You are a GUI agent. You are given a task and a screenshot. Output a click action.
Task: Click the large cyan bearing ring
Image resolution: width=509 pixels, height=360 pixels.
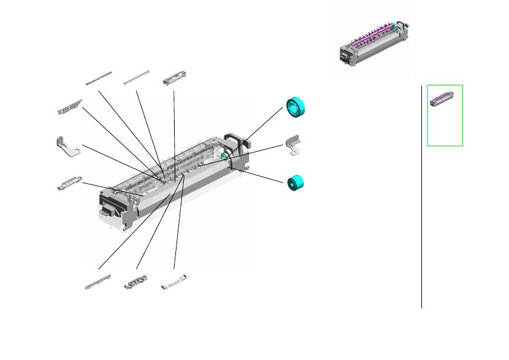[x=297, y=107]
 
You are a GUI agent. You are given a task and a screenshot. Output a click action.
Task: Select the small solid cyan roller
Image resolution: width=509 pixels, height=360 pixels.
[x=296, y=183]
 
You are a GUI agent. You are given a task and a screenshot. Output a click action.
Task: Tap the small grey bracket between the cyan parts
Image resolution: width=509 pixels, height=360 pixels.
[x=294, y=145]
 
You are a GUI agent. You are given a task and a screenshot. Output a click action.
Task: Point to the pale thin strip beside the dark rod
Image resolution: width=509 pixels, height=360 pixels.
[x=136, y=77]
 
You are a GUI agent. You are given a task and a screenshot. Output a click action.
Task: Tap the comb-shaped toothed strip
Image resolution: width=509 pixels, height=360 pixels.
[x=98, y=283]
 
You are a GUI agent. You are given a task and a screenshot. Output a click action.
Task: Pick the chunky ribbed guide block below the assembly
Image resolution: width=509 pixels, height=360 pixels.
[x=137, y=281]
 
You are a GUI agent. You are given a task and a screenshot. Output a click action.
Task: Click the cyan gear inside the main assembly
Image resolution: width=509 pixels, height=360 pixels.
[x=224, y=157]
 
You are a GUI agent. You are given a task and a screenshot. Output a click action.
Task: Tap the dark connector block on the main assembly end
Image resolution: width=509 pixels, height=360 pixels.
[x=106, y=212]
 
